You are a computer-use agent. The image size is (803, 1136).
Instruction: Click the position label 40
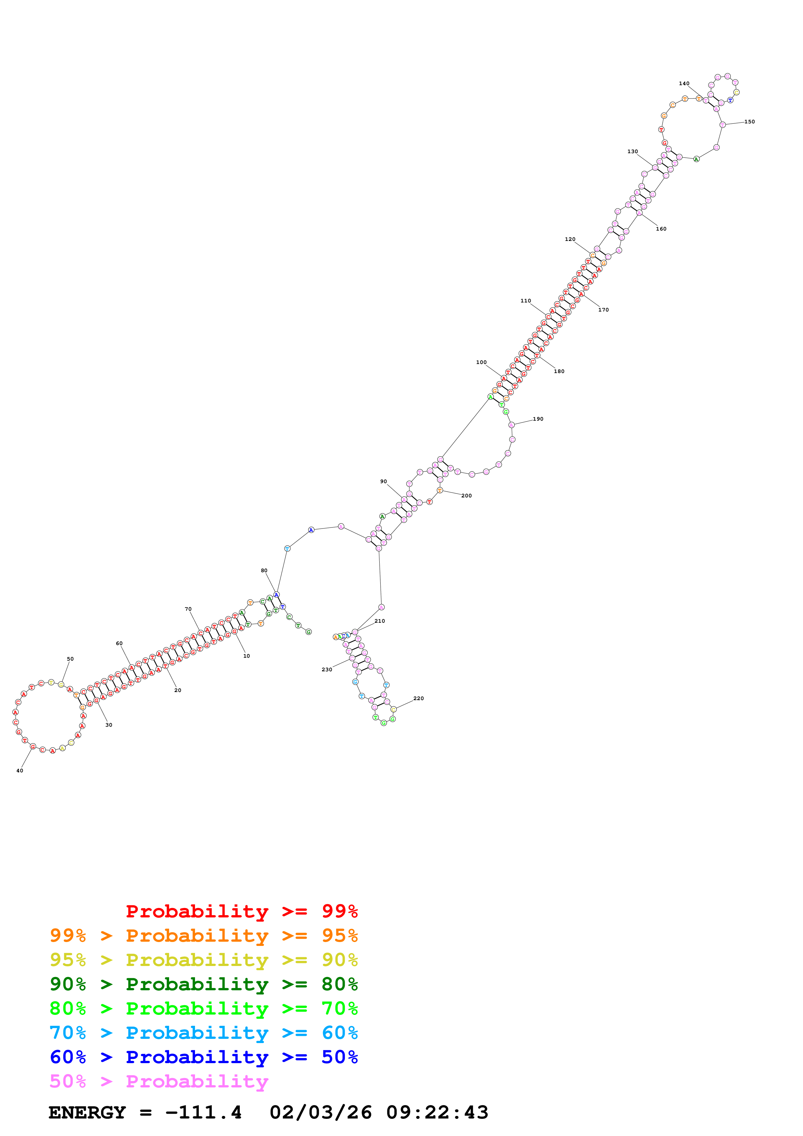coord(20,770)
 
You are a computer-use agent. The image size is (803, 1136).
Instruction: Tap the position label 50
coord(70,659)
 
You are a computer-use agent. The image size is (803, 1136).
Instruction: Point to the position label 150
coord(749,122)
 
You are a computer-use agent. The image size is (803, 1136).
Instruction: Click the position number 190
coord(538,419)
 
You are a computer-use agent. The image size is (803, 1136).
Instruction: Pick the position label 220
coord(418,698)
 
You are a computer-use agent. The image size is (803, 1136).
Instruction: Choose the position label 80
coord(264,571)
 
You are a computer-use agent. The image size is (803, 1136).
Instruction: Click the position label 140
coord(684,84)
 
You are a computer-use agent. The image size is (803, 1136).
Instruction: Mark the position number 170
coord(603,310)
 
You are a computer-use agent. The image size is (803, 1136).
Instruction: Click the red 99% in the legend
coord(339,911)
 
